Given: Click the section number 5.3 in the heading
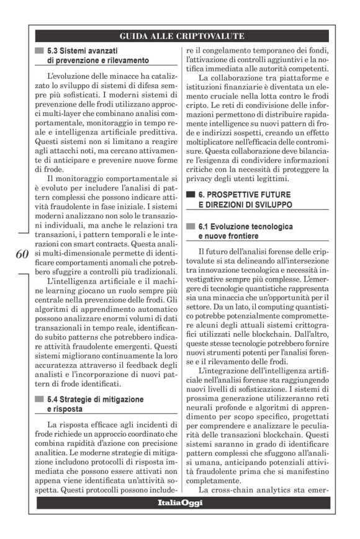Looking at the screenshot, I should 56,50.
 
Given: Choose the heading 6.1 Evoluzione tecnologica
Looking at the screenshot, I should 246,227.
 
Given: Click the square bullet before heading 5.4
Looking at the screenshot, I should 40,399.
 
